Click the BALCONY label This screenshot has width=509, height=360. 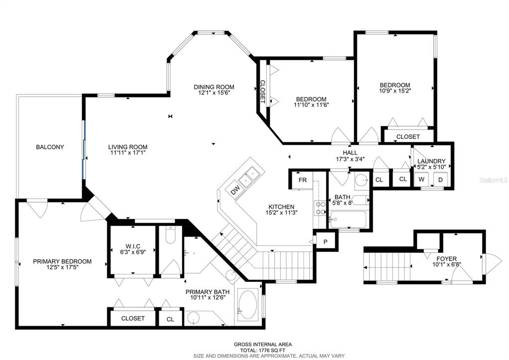50,147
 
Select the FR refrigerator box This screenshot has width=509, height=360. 303,180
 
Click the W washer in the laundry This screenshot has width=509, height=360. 421,179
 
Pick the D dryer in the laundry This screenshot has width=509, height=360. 440,179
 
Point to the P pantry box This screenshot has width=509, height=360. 325,241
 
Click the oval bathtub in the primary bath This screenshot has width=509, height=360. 248,304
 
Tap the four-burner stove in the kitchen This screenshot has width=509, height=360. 320,208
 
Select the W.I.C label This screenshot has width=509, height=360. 133,246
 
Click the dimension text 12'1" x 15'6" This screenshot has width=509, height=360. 214,93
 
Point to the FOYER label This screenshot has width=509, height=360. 446,258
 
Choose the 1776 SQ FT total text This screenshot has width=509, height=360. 271,350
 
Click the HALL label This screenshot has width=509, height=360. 350,153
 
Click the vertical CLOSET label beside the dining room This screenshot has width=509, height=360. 262,92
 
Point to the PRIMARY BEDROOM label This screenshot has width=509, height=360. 62,261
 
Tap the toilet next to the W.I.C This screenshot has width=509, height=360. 170,235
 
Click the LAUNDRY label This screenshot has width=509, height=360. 431,161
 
